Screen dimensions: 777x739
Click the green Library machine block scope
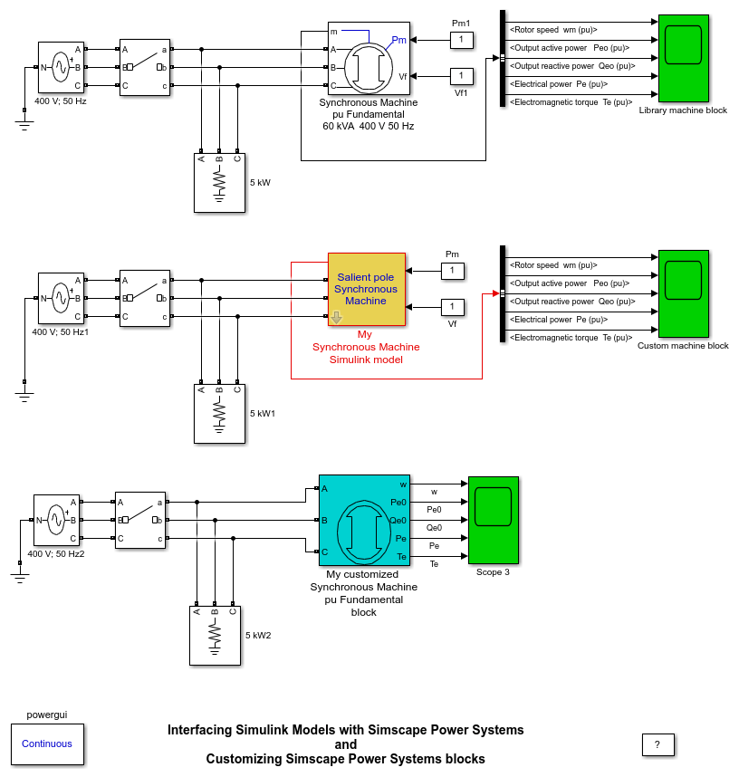pyautogui.click(x=683, y=58)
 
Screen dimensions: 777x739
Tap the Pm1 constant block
pyautogui.click(x=461, y=40)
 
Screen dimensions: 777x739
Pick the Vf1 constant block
pyautogui.click(x=461, y=75)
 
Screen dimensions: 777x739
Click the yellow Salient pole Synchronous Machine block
pyautogui.click(x=367, y=289)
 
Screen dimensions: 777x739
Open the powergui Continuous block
pyautogui.click(x=47, y=743)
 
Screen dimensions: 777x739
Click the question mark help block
pyautogui.click(x=657, y=744)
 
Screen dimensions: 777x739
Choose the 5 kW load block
pyautogui.click(x=220, y=182)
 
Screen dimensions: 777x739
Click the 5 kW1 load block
pyautogui.click(x=220, y=413)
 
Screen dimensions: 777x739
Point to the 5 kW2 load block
pyautogui.click(x=216, y=635)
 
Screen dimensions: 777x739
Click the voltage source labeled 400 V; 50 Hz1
pyautogui.click(x=61, y=297)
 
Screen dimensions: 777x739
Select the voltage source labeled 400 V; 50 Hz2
pyautogui.click(x=56, y=519)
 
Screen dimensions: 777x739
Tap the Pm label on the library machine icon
pyautogui.click(x=398, y=40)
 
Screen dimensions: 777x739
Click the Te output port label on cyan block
pyautogui.click(x=401, y=556)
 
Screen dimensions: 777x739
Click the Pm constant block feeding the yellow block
pyautogui.click(x=452, y=271)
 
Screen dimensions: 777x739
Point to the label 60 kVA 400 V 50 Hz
pyautogui.click(x=368, y=126)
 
